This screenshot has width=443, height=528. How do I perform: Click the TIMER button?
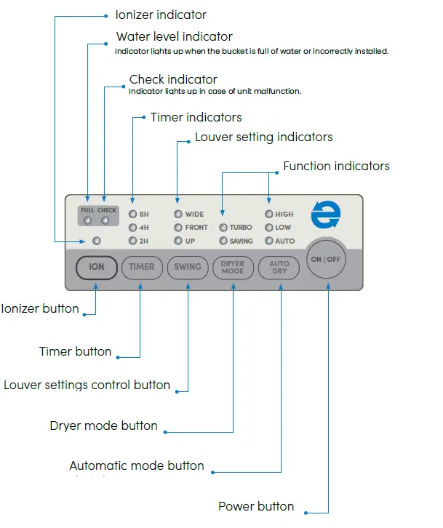[x=141, y=267]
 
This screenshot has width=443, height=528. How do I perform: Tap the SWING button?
[x=187, y=267]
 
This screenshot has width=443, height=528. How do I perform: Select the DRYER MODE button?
[x=233, y=268]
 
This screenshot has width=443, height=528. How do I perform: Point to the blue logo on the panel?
[x=324, y=216]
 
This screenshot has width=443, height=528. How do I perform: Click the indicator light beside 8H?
[x=132, y=215]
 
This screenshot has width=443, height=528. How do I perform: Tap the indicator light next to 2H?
[x=132, y=241]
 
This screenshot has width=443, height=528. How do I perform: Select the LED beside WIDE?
[x=178, y=215]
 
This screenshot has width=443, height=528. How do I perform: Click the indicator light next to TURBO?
[x=223, y=228]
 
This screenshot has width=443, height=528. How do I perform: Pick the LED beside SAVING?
[x=223, y=241]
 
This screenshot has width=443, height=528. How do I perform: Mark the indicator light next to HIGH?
[x=268, y=215]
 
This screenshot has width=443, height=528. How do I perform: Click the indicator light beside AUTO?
[x=268, y=241]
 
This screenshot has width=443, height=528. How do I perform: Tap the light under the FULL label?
[x=87, y=221]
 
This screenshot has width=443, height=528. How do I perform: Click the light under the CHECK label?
[x=105, y=221]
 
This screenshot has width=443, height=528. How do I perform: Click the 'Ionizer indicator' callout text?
[x=161, y=15]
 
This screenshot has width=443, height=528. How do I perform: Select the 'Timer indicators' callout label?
[x=196, y=117]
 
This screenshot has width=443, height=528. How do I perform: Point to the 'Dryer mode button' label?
[x=103, y=425]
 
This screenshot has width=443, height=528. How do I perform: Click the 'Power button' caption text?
[x=256, y=506]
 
